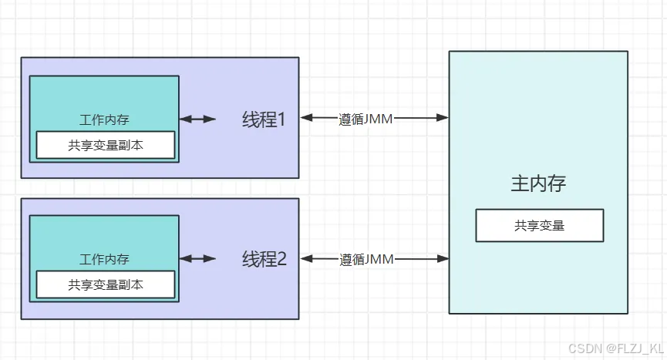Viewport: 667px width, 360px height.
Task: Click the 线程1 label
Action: (263, 119)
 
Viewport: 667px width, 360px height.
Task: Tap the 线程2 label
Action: (263, 259)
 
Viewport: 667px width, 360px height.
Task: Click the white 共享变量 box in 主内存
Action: (539, 226)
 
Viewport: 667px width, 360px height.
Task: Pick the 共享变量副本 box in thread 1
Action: (105, 144)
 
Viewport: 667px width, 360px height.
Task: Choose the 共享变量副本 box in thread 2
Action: (105, 284)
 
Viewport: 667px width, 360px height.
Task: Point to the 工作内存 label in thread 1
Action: (104, 119)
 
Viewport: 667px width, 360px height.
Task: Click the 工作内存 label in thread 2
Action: (104, 259)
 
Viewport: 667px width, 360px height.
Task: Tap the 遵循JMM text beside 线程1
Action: (366, 119)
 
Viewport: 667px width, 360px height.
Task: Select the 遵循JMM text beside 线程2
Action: (366, 260)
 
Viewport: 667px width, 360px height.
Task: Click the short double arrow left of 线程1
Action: (198, 119)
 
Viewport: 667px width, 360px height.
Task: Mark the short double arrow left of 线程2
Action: (198, 259)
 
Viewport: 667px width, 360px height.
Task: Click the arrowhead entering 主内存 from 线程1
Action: (443, 118)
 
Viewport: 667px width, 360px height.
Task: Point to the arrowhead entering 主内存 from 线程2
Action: (443, 259)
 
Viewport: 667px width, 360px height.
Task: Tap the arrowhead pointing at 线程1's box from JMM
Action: (306, 118)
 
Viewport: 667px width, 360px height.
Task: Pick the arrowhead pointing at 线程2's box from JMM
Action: (306, 259)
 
